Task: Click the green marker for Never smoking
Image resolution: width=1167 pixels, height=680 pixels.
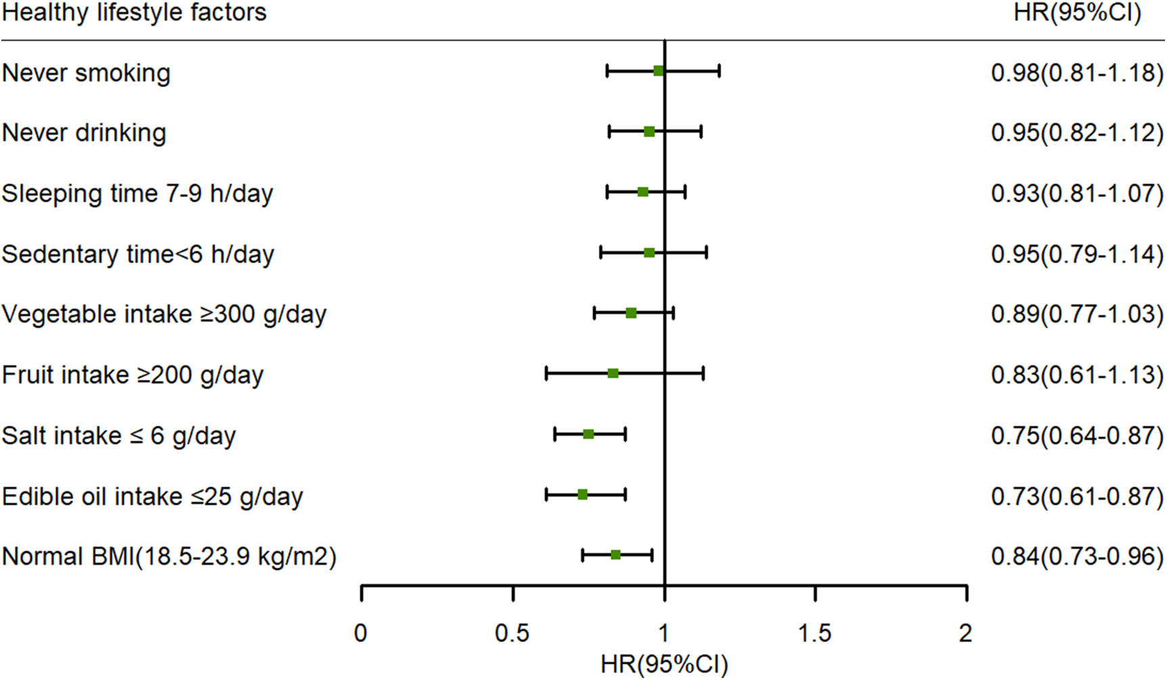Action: pyautogui.click(x=658, y=70)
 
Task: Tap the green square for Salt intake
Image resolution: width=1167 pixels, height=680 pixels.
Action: pyautogui.click(x=588, y=434)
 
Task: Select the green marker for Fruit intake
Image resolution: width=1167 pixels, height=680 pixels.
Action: pyautogui.click(x=613, y=373)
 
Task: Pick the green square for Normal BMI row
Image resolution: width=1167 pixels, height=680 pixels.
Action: pyautogui.click(x=616, y=556)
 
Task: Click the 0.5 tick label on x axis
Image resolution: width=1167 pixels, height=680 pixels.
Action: pyautogui.click(x=512, y=633)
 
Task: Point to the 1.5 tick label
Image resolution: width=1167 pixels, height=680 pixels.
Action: pyautogui.click(x=815, y=633)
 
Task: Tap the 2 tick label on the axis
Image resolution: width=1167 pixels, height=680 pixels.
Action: pyautogui.click(x=965, y=633)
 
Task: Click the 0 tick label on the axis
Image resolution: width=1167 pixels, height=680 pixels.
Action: pyautogui.click(x=361, y=633)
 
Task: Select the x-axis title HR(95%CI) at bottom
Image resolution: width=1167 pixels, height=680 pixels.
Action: pyautogui.click(x=664, y=665)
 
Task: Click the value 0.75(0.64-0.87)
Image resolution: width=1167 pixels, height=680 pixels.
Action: pyautogui.click(x=1077, y=436)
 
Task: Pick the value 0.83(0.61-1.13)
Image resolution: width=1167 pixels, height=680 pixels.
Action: pyautogui.click(x=1077, y=375)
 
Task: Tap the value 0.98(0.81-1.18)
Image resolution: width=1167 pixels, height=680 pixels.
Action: pyautogui.click(x=1077, y=72)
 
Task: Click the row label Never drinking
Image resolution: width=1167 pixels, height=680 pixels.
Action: pyautogui.click(x=84, y=133)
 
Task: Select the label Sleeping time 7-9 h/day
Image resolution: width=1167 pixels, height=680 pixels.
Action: pyautogui.click(x=137, y=194)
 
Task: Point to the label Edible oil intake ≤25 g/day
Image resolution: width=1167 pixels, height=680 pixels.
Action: pyautogui.click(x=152, y=497)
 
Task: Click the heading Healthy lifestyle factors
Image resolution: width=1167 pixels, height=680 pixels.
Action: pyautogui.click(x=134, y=12)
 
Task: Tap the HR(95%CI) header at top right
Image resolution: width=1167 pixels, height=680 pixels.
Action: pyautogui.click(x=1077, y=12)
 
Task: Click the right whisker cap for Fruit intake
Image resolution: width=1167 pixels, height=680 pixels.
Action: pyautogui.click(x=704, y=373)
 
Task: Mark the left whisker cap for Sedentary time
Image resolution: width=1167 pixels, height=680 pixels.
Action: pyautogui.click(x=601, y=253)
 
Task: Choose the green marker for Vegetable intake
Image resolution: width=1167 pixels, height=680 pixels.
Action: pyautogui.click(x=631, y=313)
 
